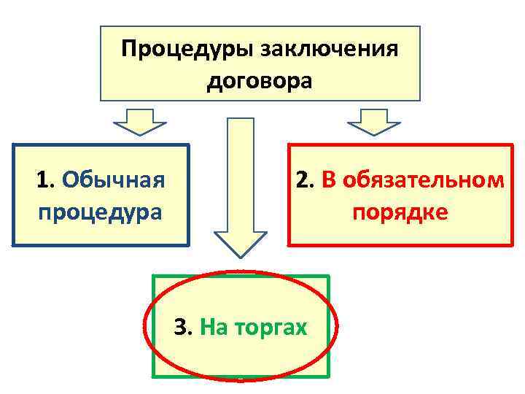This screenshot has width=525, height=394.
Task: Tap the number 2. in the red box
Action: click(305, 179)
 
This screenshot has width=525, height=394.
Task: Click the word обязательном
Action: click(421, 179)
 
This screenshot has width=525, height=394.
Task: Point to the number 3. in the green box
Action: click(183, 328)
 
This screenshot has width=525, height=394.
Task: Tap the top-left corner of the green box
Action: click(152, 276)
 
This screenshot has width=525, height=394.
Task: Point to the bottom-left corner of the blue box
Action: click(13, 245)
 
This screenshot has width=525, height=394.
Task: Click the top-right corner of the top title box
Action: click(420, 27)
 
